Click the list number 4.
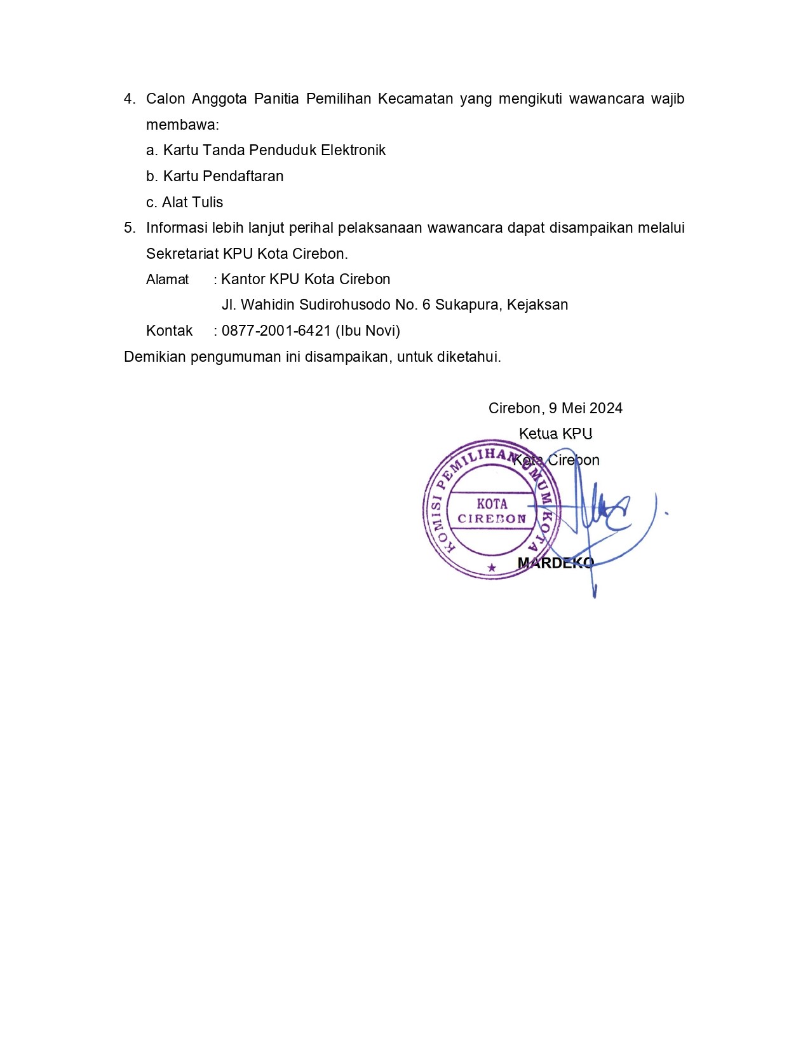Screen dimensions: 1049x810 [129, 99]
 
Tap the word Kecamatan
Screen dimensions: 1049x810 [415, 99]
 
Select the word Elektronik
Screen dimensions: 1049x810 [353, 150]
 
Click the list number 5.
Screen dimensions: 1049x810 [129, 228]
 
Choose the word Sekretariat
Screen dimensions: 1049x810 [182, 254]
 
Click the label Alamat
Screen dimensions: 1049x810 [167, 280]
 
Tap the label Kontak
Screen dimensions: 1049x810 [169, 331]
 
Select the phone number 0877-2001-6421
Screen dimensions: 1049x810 [276, 331]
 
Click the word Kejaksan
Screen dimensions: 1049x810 [537, 305]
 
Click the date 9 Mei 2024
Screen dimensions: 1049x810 [586, 408]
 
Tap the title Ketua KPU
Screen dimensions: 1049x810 [555, 434]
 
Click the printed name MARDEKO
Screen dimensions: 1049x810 [555, 563]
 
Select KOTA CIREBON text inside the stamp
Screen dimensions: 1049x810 [492, 511]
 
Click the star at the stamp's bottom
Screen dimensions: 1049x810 [491, 568]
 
